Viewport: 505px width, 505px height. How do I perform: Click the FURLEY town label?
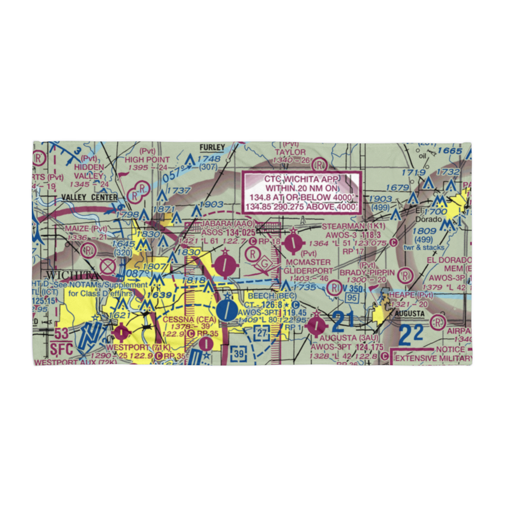[x=212, y=147]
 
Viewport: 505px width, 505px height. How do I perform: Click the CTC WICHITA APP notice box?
[x=302, y=192]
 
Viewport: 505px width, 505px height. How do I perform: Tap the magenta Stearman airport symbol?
[x=293, y=243]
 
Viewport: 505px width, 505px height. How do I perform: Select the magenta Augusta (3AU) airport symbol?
[x=316, y=325]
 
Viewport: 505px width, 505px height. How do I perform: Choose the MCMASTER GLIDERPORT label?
[x=308, y=267]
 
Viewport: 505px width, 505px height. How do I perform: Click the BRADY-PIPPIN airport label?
[x=373, y=272]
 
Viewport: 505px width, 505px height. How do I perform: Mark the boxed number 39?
[x=238, y=354]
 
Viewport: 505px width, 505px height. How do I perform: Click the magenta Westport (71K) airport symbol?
[x=122, y=332]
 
